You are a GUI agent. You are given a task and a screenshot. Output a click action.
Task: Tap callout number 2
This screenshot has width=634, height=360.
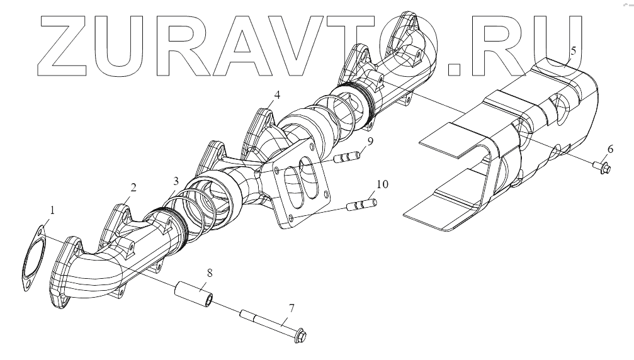point(133,187)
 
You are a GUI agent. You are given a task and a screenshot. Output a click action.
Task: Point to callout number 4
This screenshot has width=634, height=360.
point(276,95)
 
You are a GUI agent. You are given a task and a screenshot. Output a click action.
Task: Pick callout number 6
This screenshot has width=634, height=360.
point(609,149)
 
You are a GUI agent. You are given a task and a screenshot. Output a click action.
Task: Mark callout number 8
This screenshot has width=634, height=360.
point(209,274)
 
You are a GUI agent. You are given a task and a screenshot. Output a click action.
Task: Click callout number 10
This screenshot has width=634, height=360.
point(383,184)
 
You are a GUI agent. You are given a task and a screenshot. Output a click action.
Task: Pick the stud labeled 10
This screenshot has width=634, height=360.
point(362,205)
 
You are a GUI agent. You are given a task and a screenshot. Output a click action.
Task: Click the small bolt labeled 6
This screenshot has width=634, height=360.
point(602,167)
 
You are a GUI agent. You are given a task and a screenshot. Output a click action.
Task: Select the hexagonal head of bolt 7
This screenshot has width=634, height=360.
point(298,336)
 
